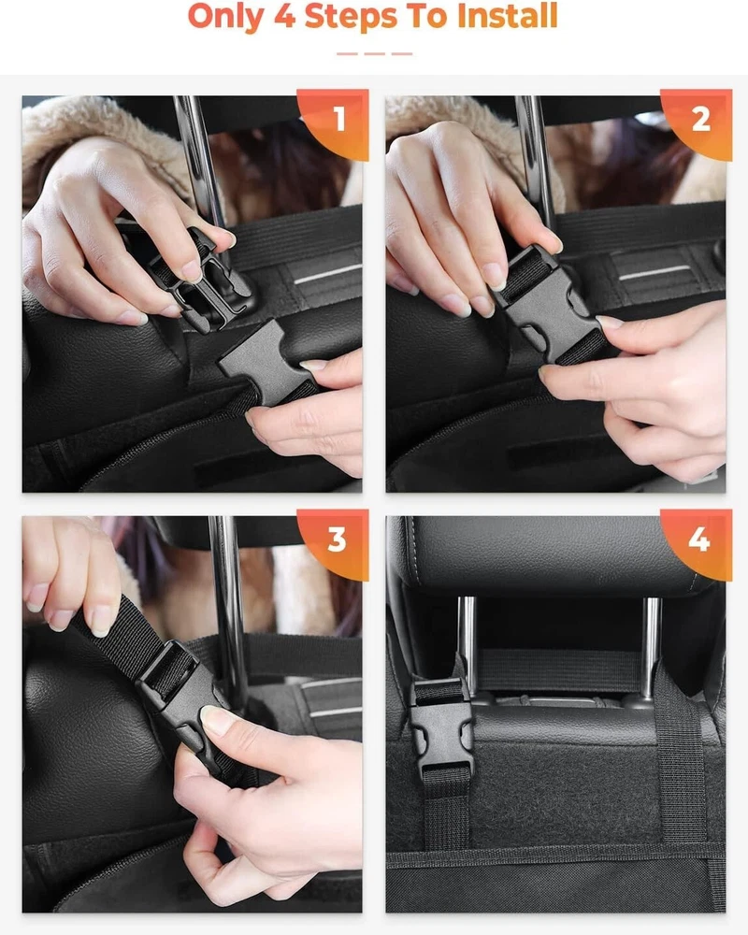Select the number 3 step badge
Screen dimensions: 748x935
tap(338, 541)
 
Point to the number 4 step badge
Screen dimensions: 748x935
tap(700, 541)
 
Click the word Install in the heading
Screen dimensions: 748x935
tap(507, 16)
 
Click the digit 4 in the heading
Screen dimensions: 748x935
tap(285, 16)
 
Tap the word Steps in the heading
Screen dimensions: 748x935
tap(351, 17)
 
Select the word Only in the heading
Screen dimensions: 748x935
tap(226, 17)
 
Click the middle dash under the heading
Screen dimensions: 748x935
tap(375, 53)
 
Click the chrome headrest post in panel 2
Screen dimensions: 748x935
tap(536, 161)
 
